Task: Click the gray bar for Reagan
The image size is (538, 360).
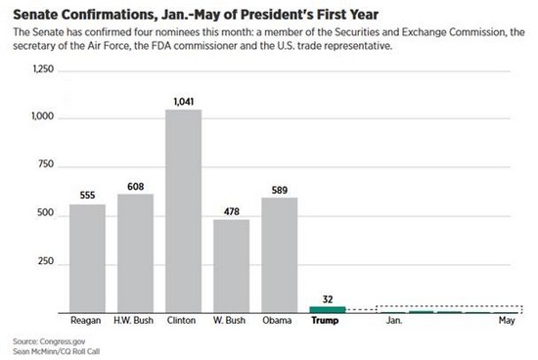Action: [87, 259]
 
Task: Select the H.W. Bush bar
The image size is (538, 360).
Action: [136, 253]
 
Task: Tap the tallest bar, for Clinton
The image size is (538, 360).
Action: [184, 211]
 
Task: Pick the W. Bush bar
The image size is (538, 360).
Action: [232, 266]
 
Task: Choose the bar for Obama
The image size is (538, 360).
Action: [280, 255]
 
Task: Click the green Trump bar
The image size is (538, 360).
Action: [328, 310]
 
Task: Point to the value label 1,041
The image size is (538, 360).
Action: [184, 102]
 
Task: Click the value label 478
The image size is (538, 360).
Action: [232, 211]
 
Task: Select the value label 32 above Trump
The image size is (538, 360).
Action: [328, 299]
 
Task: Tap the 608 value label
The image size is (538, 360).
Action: [136, 186]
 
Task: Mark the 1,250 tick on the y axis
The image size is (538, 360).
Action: [43, 69]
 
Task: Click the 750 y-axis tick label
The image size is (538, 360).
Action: [46, 164]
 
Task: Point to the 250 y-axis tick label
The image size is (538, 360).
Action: [46, 261]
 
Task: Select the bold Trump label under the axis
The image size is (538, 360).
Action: [325, 321]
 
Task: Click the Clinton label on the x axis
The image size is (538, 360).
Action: [182, 321]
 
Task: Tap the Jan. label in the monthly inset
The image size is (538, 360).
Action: [394, 321]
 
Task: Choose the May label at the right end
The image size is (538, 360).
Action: [507, 321]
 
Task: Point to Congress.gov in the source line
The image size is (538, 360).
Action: [63, 341]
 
